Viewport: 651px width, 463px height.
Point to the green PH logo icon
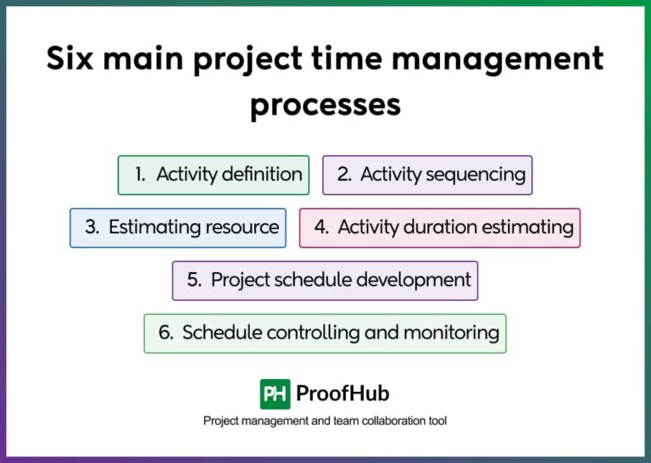click(275, 393)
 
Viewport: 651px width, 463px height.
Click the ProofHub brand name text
click(342, 393)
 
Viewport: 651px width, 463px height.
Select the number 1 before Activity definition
click(139, 175)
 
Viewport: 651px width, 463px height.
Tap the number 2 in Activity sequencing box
click(344, 175)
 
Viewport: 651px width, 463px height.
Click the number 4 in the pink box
click(321, 227)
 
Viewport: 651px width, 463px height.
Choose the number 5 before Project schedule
click(194, 280)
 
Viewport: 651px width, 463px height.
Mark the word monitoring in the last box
click(451, 332)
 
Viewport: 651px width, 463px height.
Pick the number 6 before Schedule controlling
click(165, 332)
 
